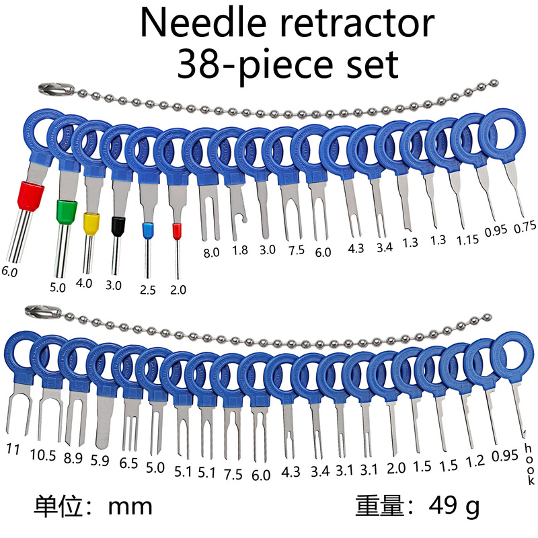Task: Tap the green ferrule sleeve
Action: coord(67,213)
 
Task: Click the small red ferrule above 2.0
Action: coord(177,232)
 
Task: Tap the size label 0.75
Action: coord(525,227)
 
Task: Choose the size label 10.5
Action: coord(43,455)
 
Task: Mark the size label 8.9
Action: coord(75,459)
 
